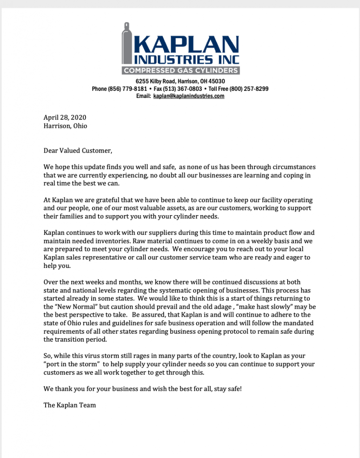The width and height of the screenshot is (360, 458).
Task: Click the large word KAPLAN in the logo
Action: pyautogui.click(x=187, y=45)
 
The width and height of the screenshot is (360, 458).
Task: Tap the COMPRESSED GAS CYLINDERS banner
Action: pyautogui.click(x=180, y=71)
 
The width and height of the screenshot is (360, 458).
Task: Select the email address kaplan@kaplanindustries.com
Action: pyautogui.click(x=189, y=96)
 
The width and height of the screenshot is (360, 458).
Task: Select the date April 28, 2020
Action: pyautogui.click(x=65, y=118)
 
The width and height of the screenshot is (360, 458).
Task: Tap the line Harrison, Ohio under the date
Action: pyautogui.click(x=65, y=126)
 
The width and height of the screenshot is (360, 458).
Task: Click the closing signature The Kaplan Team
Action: pyautogui.click(x=70, y=405)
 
